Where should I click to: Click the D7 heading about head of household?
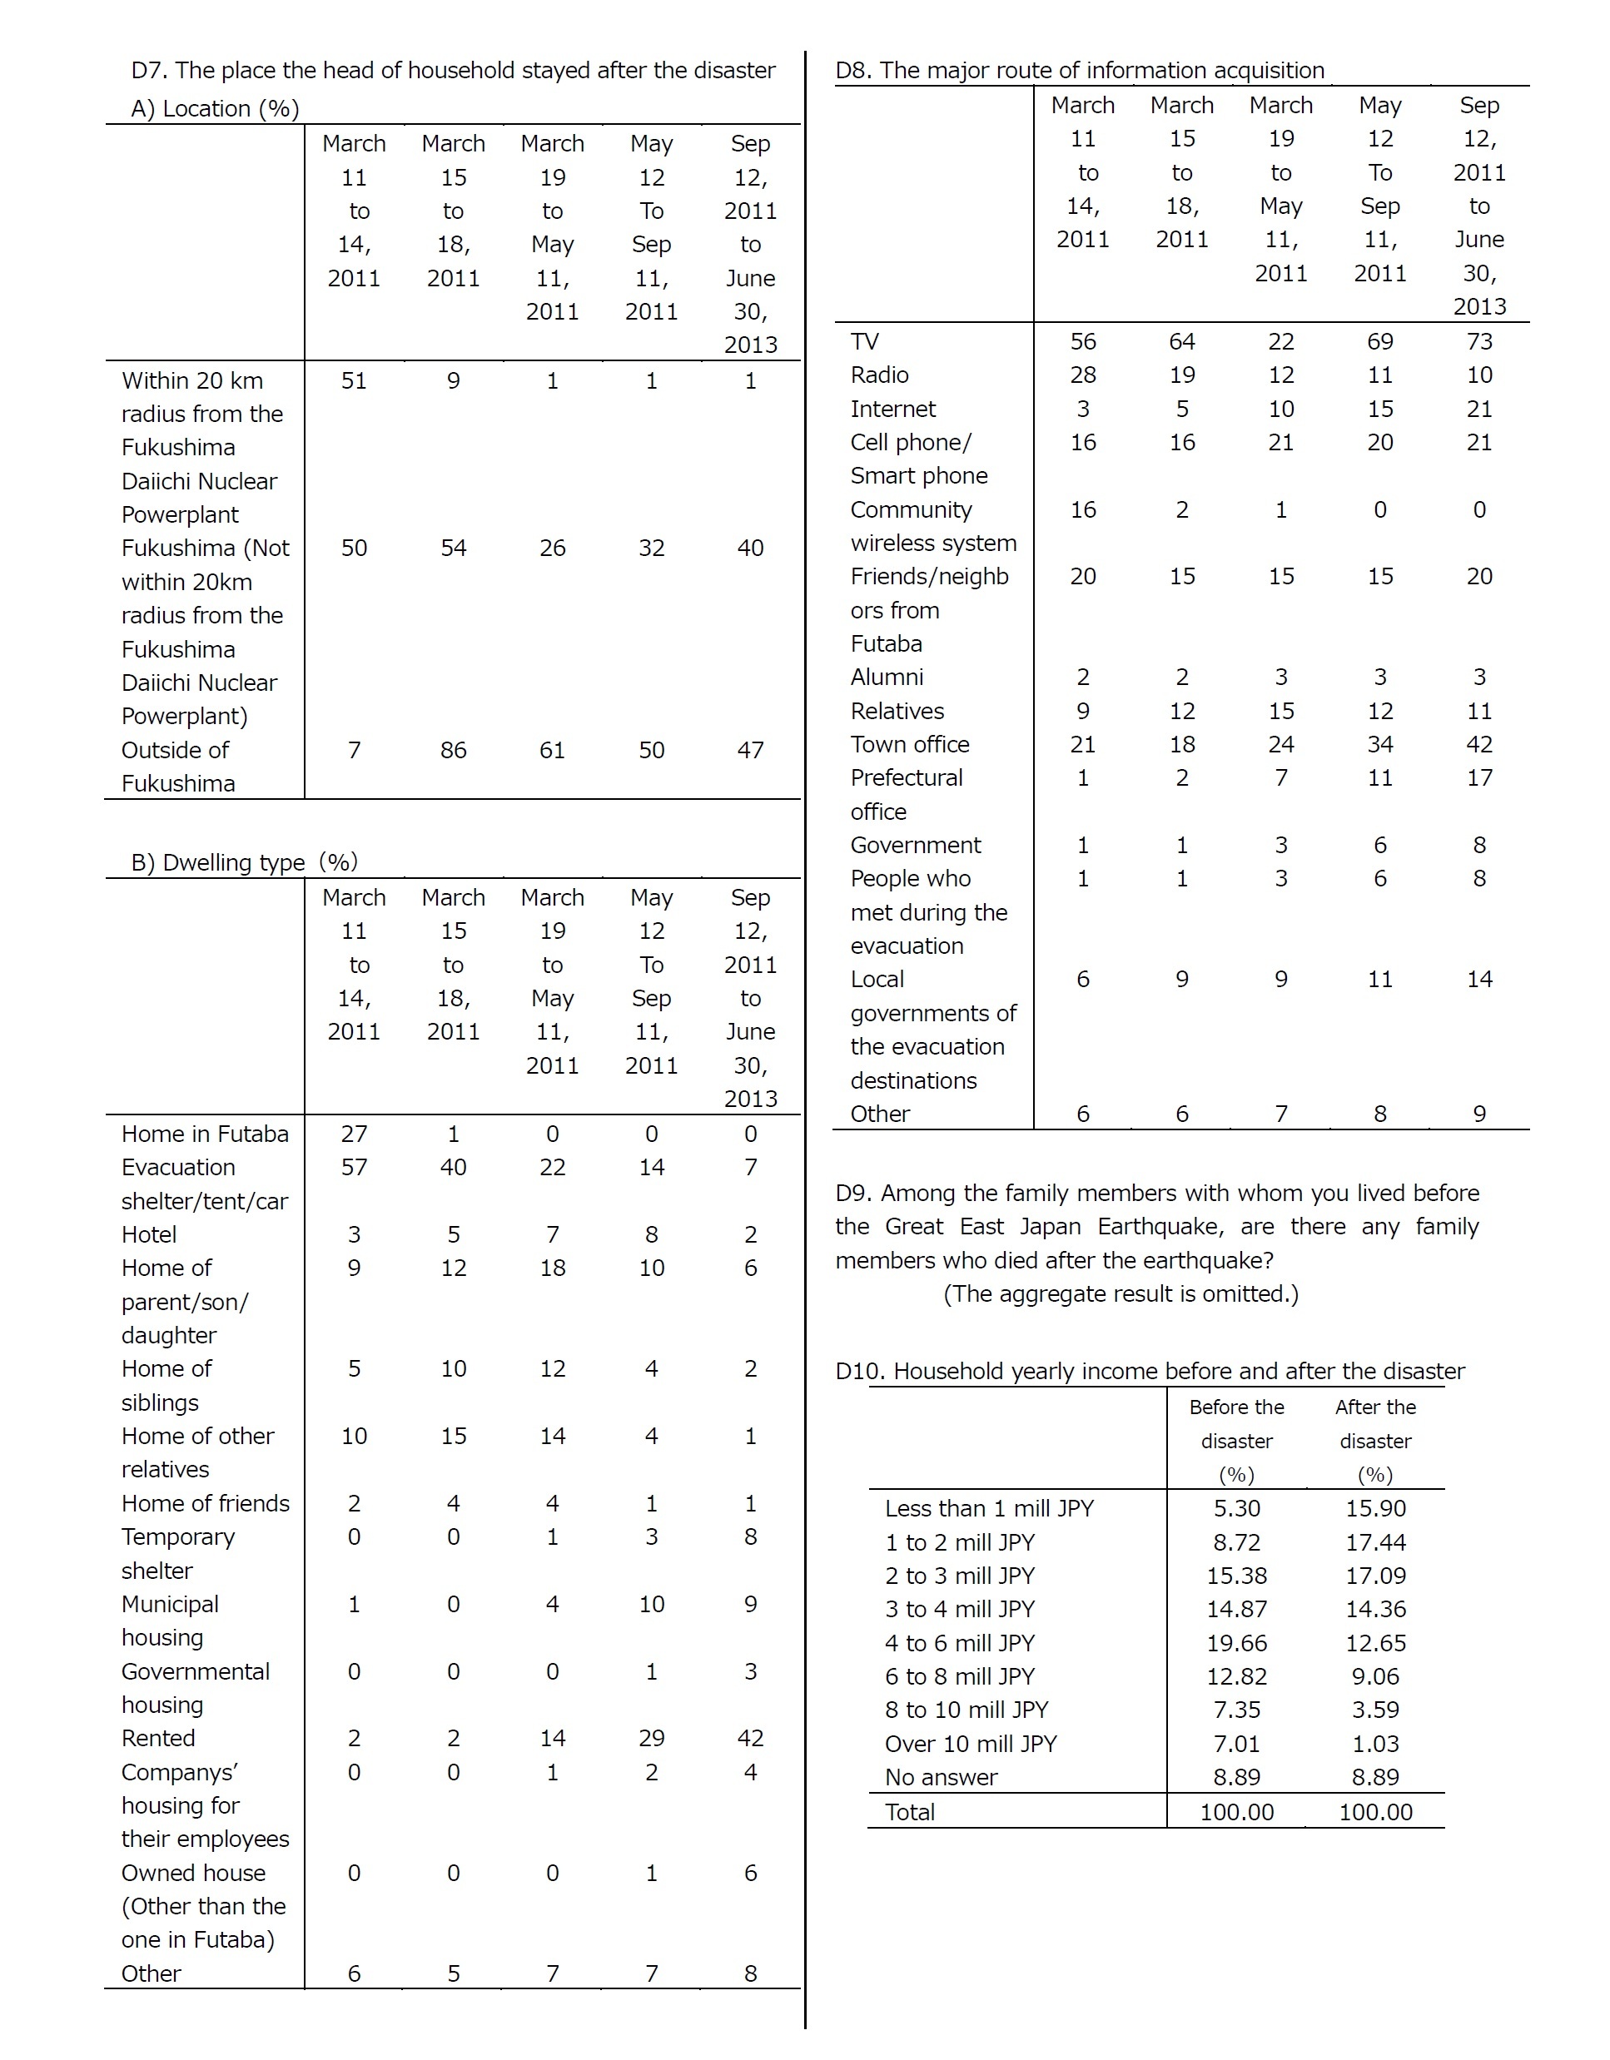point(453,71)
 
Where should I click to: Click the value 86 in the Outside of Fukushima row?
point(453,751)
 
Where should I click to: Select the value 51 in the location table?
point(354,381)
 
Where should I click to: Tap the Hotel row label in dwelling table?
point(149,1234)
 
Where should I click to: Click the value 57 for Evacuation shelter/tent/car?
point(354,1168)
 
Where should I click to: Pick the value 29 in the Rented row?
point(651,1739)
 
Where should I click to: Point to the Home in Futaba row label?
point(205,1134)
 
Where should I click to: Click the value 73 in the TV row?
point(1479,341)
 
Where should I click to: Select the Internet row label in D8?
point(892,410)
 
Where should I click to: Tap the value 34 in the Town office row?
point(1380,745)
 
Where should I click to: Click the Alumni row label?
point(887,678)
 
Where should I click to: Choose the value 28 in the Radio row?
point(1083,375)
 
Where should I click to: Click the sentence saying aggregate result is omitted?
point(1121,1294)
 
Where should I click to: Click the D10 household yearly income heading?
point(1149,1372)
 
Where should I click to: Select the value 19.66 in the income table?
point(1236,1643)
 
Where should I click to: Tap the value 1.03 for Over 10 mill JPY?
point(1375,1744)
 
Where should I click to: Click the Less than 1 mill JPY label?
point(988,1509)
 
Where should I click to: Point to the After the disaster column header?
point(1375,1442)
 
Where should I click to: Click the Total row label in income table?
point(909,1812)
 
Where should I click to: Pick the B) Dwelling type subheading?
point(243,863)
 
